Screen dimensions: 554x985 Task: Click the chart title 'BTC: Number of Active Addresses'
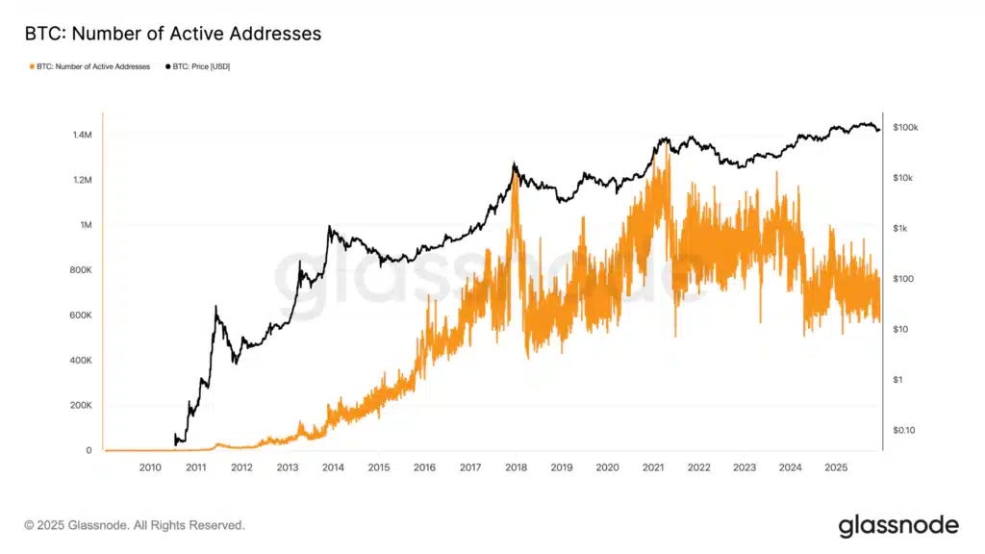point(172,34)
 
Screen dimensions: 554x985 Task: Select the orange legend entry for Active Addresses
point(91,66)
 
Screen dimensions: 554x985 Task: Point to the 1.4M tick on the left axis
point(82,135)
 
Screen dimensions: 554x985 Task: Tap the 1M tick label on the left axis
point(87,225)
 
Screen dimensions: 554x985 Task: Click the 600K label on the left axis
point(81,315)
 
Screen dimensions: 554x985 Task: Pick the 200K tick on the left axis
point(81,406)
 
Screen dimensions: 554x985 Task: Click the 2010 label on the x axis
point(150,467)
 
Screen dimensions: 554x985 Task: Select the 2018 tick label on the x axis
point(516,467)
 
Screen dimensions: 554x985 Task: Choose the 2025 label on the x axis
point(836,467)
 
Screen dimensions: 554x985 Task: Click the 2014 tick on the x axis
point(333,467)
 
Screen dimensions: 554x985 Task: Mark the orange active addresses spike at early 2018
point(516,175)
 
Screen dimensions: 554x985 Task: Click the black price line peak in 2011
point(215,307)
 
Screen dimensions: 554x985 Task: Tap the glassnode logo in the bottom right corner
point(898,525)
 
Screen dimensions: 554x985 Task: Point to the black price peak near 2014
point(329,227)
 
